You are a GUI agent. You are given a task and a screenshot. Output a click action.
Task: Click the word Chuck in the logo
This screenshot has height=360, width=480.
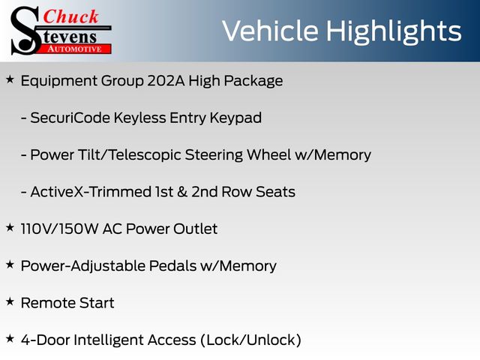click(70, 16)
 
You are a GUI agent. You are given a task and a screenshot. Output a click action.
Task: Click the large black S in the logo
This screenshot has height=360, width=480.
click(25, 31)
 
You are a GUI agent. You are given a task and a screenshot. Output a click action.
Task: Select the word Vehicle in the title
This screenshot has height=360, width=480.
click(270, 31)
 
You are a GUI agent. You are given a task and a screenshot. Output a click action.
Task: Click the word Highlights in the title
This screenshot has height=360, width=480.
click(393, 31)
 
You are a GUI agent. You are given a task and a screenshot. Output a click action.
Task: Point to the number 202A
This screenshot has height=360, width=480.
click(166, 81)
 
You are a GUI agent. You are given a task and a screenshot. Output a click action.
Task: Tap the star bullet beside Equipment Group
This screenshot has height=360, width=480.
click(10, 79)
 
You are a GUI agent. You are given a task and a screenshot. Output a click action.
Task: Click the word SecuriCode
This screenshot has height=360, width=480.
click(70, 118)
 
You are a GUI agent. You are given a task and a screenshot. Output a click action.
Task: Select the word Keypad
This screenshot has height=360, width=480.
click(235, 118)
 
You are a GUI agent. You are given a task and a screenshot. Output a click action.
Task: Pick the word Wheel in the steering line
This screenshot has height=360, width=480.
click(268, 154)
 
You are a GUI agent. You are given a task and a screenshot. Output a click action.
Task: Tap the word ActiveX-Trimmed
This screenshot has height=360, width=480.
click(91, 192)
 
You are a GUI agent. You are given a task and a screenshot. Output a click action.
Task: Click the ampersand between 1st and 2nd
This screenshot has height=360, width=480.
click(182, 192)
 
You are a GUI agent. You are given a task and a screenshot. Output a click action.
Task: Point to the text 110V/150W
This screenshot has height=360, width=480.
click(60, 229)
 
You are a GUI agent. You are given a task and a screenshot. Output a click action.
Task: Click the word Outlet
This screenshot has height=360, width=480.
click(195, 229)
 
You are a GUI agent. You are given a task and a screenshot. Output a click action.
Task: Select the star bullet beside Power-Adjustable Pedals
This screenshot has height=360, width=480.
click(10, 265)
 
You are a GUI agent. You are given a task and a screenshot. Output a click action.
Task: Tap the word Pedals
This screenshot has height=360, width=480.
click(172, 265)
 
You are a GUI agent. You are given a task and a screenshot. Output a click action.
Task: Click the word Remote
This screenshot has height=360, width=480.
click(48, 303)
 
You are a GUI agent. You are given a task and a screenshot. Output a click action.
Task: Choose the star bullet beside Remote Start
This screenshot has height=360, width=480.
click(10, 301)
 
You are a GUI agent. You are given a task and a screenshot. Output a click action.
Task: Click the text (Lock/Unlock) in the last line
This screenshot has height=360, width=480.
click(251, 340)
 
